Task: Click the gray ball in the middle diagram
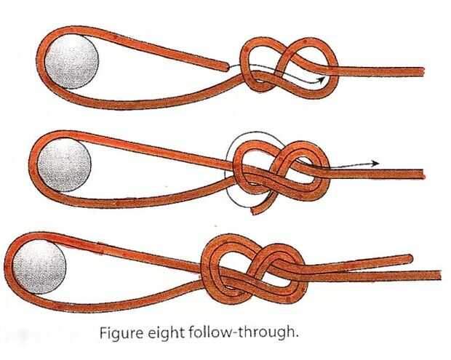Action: (63, 161)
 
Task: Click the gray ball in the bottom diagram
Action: (37, 263)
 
